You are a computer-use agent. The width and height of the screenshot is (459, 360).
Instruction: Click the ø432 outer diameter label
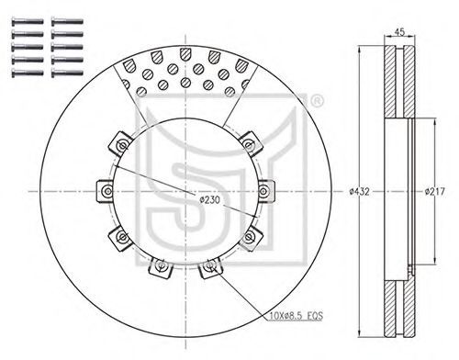coord(359,192)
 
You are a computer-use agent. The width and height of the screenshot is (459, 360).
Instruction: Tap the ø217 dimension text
coord(434,192)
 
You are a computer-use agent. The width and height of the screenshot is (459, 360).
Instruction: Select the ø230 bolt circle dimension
coord(209,200)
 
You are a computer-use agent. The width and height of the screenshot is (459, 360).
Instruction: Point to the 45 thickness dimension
coord(399,31)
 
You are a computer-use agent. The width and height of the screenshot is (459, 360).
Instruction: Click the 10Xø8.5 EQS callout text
coord(297,315)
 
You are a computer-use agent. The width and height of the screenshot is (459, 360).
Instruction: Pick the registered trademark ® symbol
coord(317,101)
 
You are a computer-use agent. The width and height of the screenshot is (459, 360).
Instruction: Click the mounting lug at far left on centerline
coord(105,191)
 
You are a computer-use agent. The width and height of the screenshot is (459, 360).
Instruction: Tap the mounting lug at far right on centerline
coord(265,192)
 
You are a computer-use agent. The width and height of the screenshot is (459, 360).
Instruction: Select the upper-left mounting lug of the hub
coord(120,143)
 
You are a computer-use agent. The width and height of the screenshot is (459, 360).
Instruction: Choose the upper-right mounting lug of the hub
coord(251,144)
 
